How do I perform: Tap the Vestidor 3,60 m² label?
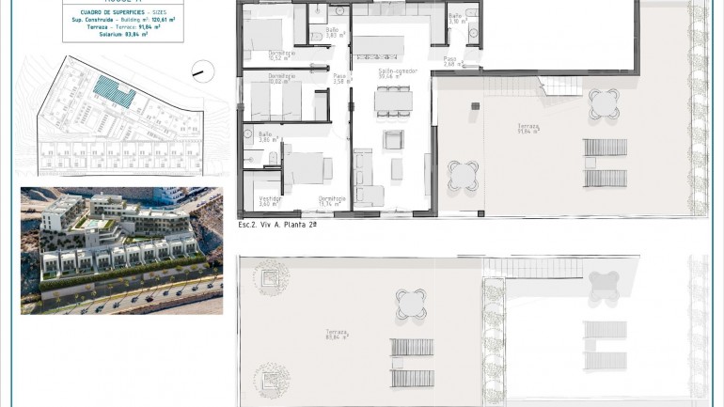point(270,201)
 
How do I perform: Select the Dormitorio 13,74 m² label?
point(330,201)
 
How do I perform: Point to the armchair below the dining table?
point(392,139)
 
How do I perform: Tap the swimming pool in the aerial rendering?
point(96,227)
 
